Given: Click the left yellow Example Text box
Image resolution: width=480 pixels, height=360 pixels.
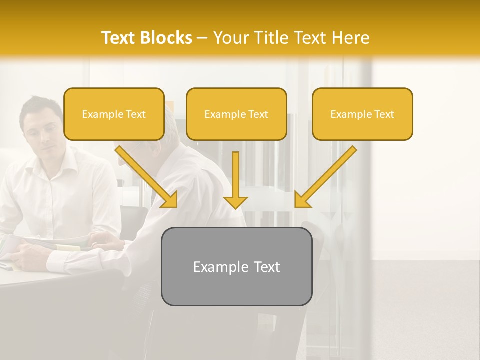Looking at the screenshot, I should click(x=114, y=114).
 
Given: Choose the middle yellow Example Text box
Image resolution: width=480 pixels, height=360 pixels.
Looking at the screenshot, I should click(x=236, y=114).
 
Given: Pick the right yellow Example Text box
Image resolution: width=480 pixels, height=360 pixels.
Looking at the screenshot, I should click(x=362, y=114).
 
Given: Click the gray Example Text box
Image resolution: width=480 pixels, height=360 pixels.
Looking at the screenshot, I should click(x=236, y=266).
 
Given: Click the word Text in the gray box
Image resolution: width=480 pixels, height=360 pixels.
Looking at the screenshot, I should click(x=266, y=267).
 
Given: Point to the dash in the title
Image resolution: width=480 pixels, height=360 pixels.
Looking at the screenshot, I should click(x=202, y=38).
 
